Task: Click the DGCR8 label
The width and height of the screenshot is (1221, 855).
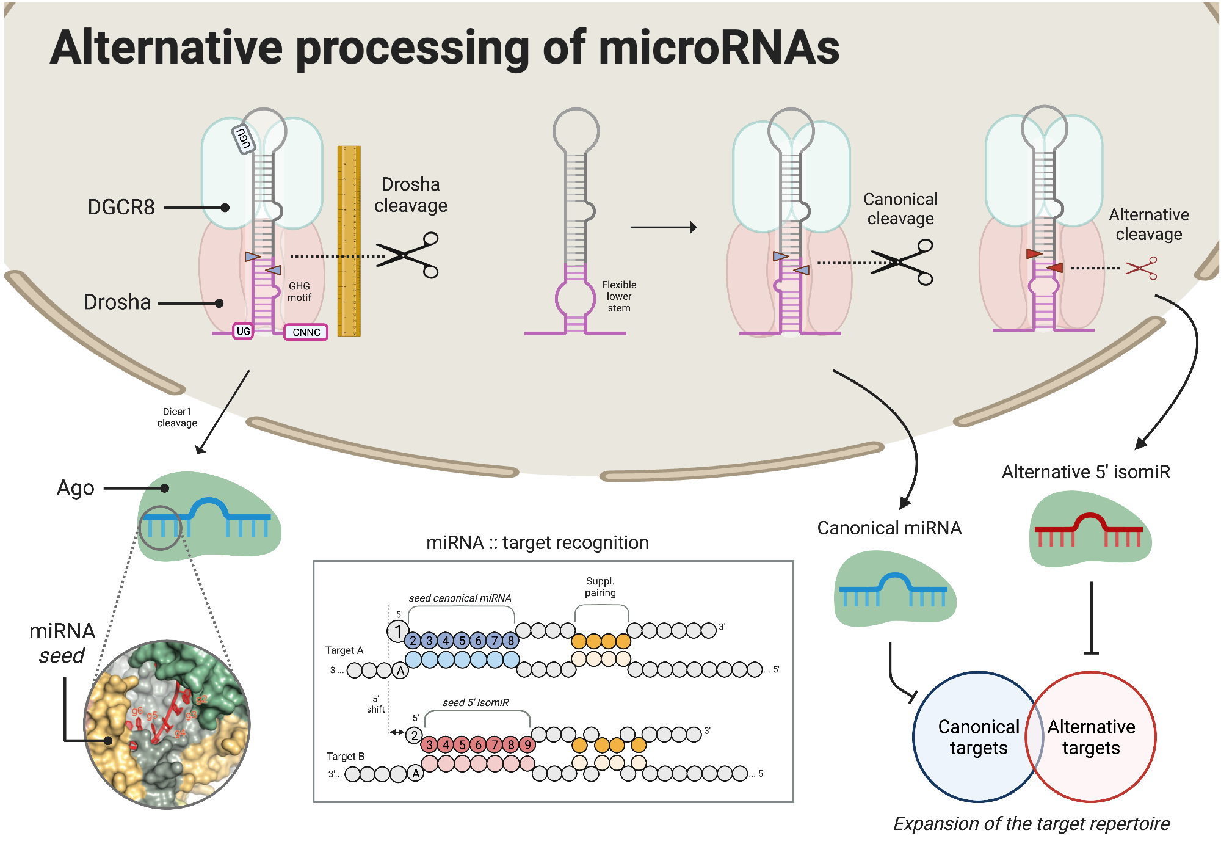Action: click(121, 208)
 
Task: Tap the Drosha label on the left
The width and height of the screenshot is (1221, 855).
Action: click(117, 302)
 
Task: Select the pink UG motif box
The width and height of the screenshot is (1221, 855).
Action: click(243, 331)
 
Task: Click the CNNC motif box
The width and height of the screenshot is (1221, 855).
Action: click(306, 332)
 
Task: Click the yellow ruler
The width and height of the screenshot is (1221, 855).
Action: click(349, 241)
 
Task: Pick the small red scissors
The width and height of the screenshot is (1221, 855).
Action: click(1142, 268)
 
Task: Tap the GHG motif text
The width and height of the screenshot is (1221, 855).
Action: click(299, 292)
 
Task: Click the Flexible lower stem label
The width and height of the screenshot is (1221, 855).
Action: click(618, 297)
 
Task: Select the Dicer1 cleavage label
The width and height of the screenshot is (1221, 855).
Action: click(177, 418)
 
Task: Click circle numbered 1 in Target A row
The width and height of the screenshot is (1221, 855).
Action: click(398, 631)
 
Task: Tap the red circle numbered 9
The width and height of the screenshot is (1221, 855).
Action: click(527, 744)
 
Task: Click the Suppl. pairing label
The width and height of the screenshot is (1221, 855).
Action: click(600, 587)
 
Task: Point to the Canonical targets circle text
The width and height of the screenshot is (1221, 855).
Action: click(978, 737)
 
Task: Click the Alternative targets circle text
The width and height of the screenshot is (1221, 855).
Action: click(1091, 737)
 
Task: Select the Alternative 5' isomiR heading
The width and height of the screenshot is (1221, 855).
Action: click(1085, 472)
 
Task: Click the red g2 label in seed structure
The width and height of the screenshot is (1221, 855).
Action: click(201, 699)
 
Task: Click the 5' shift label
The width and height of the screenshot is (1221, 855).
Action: click(375, 704)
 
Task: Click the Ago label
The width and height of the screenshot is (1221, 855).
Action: click(76, 489)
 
